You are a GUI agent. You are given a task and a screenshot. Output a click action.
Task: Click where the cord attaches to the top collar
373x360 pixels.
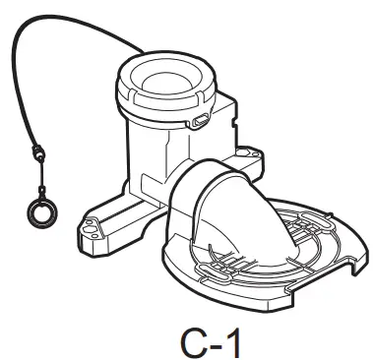127,61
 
